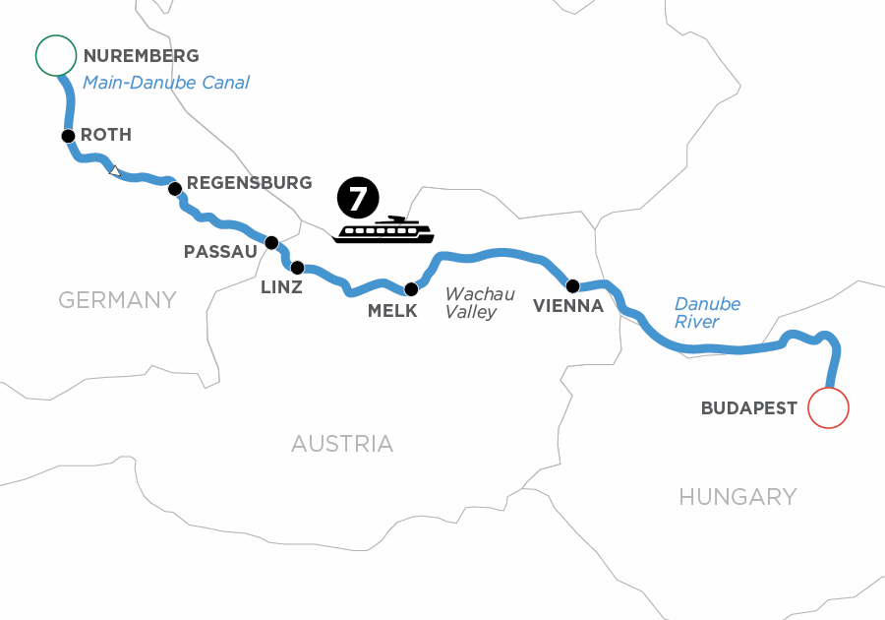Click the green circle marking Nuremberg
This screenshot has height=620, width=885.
click(56, 55)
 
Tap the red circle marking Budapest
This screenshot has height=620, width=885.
click(827, 407)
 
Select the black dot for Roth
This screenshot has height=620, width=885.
click(68, 136)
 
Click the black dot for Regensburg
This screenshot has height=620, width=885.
click(174, 188)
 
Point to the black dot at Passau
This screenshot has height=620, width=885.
click(271, 241)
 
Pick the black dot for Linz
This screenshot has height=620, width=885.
click(297, 267)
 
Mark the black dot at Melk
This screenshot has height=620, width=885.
click(412, 289)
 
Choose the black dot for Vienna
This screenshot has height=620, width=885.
click(572, 286)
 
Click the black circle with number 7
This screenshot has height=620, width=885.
click(357, 198)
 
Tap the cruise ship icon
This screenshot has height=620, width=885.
click(383, 230)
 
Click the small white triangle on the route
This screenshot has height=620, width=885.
click(115, 171)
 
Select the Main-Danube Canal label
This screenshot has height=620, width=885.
click(166, 83)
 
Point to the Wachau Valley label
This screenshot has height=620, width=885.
click(480, 303)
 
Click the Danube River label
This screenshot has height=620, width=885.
click(707, 313)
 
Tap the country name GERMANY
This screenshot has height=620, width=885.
click(117, 299)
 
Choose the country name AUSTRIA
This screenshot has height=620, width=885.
click(342, 444)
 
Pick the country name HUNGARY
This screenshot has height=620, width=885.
click(737, 497)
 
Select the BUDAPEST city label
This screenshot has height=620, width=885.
click(749, 408)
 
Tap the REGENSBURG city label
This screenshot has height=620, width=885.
click(250, 183)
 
